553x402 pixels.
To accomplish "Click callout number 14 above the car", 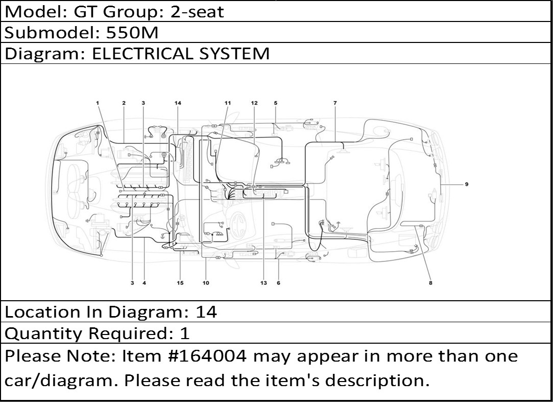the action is pyautogui.click(x=178, y=103).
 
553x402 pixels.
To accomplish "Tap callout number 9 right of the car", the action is pyautogui.click(x=467, y=185).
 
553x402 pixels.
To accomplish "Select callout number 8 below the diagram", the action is pyautogui.click(x=430, y=283).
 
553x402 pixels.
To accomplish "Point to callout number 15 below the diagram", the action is pyautogui.click(x=180, y=283).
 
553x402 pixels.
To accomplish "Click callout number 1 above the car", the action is pyautogui.click(x=98, y=103).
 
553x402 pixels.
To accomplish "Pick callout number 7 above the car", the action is pyautogui.click(x=335, y=103).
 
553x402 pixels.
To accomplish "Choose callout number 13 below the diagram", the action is pyautogui.click(x=264, y=283).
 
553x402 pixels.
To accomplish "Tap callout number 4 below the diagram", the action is pyautogui.click(x=144, y=283).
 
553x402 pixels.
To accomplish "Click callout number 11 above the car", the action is pyautogui.click(x=228, y=103).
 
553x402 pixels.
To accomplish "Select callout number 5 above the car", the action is pyautogui.click(x=275, y=103).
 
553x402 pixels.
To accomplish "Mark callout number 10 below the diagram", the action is pyautogui.click(x=206, y=283).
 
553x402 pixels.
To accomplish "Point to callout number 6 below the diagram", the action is pyautogui.click(x=279, y=283).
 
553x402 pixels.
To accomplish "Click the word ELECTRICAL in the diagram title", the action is pyautogui.click(x=142, y=54).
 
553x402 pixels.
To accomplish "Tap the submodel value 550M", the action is pyautogui.click(x=132, y=33).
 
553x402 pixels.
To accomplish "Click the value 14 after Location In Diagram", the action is pyautogui.click(x=206, y=312).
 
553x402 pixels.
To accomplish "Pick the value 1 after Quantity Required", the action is pyautogui.click(x=185, y=333).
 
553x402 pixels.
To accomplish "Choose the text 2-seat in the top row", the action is pyautogui.click(x=197, y=12).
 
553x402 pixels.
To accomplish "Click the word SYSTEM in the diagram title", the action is pyautogui.click(x=234, y=54).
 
